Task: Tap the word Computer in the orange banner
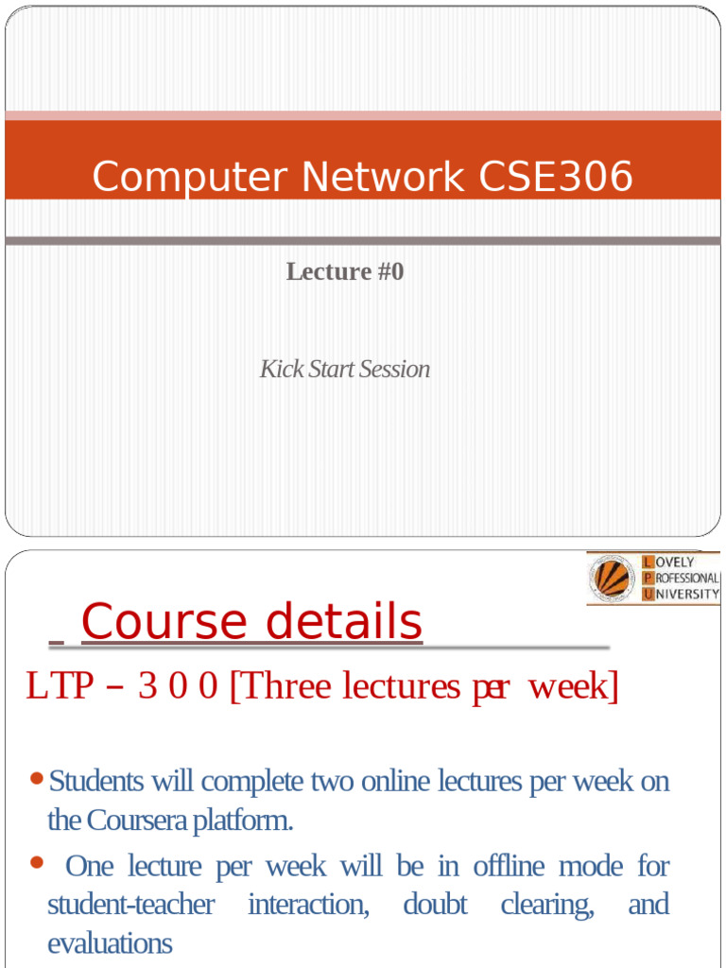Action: click(x=179, y=177)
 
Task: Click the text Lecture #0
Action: click(x=345, y=271)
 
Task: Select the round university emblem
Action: click(x=613, y=578)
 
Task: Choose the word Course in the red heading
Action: click(x=164, y=622)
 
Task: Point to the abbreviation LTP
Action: click(x=60, y=687)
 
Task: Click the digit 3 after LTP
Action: click(x=147, y=687)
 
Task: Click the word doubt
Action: click(x=435, y=905)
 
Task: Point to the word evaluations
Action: click(x=110, y=942)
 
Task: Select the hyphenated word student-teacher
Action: click(x=130, y=905)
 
